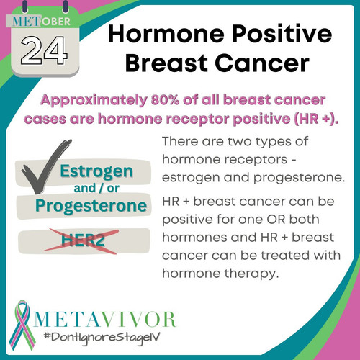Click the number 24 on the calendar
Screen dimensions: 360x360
coord(44,51)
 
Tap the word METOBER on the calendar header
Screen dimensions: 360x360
coord(41,22)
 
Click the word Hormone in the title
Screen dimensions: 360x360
coord(166,34)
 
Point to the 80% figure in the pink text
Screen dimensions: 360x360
coord(165,100)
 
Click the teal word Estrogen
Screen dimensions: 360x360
coord(96,171)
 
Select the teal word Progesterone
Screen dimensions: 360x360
coord(91,207)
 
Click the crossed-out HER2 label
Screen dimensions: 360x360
coord(83,240)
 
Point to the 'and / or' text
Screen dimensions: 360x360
coord(96,189)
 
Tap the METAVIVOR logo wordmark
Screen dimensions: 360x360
coord(105,319)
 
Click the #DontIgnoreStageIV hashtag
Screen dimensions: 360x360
coord(102,338)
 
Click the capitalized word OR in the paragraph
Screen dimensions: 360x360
coord(276,220)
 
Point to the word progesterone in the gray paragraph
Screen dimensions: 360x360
coord(299,178)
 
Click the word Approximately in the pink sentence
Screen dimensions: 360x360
coord(94,100)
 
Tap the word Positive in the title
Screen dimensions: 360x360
coord(282,34)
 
